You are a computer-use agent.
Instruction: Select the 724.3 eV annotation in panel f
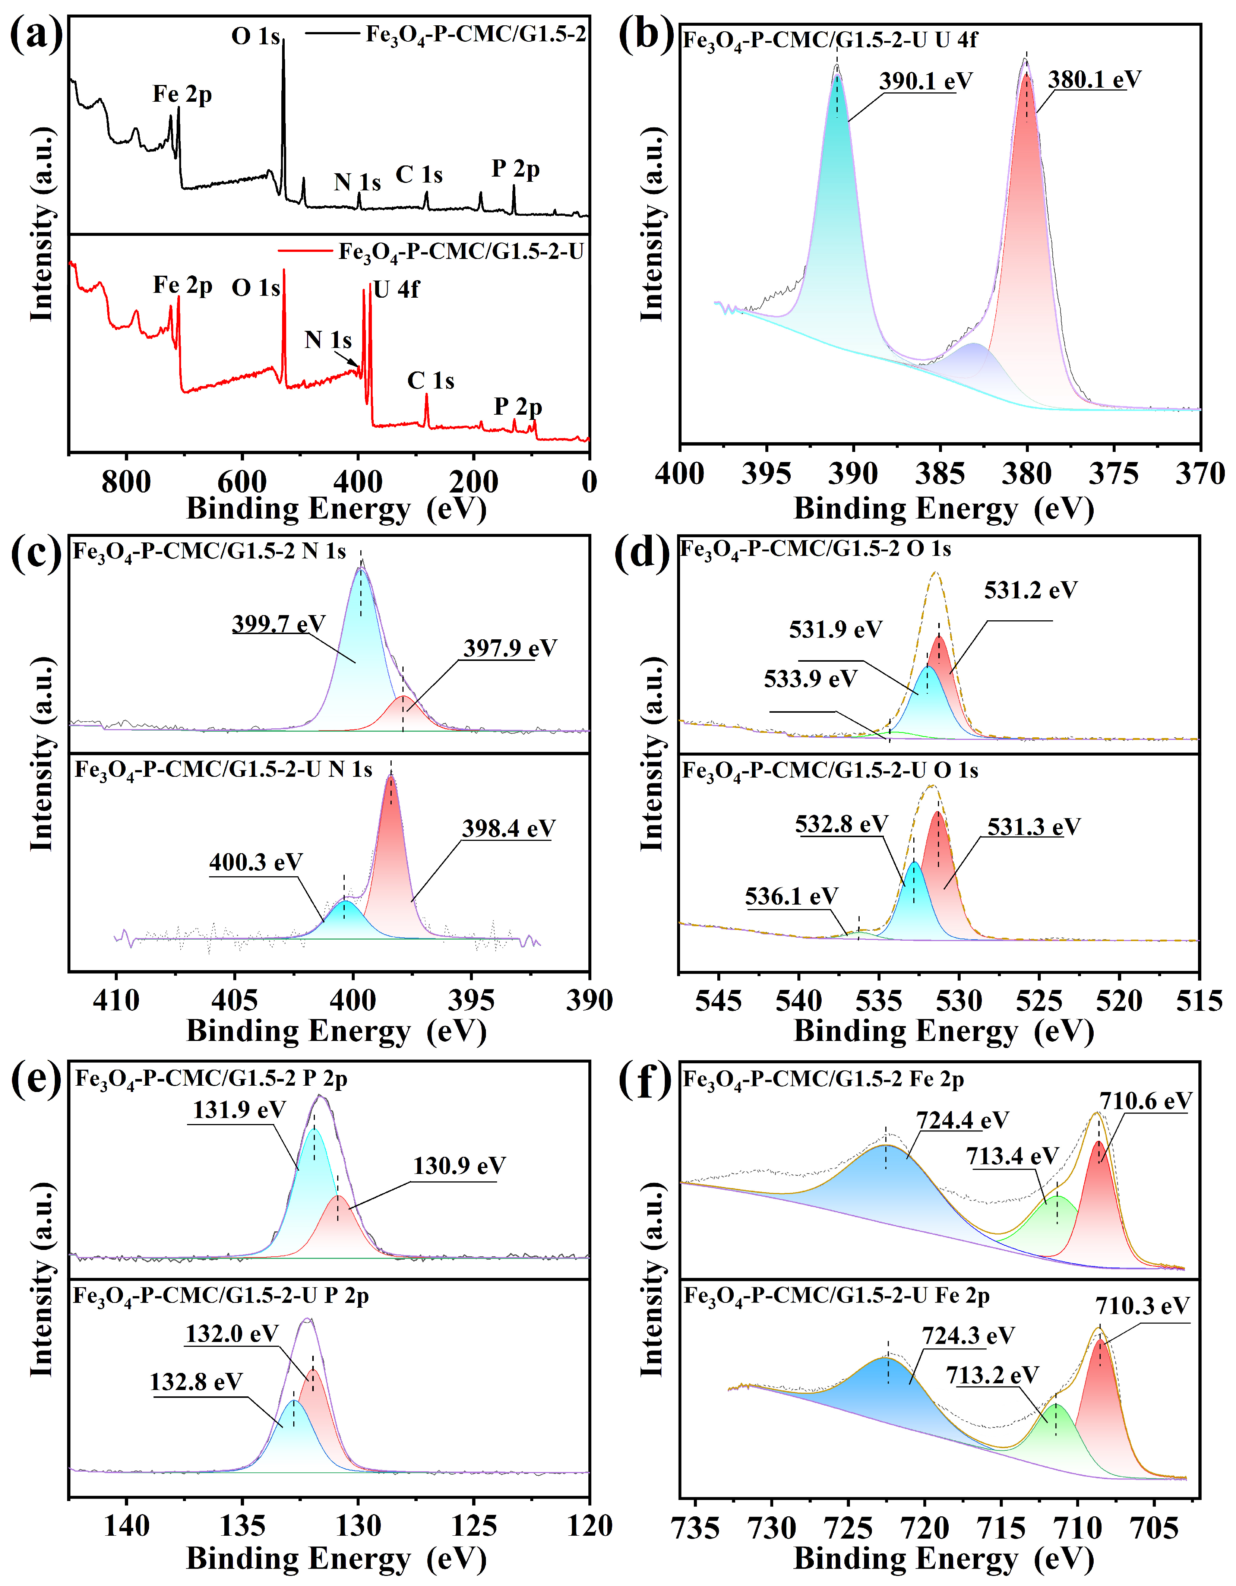tap(968, 1336)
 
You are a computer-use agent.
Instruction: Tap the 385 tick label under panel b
tap(940, 474)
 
